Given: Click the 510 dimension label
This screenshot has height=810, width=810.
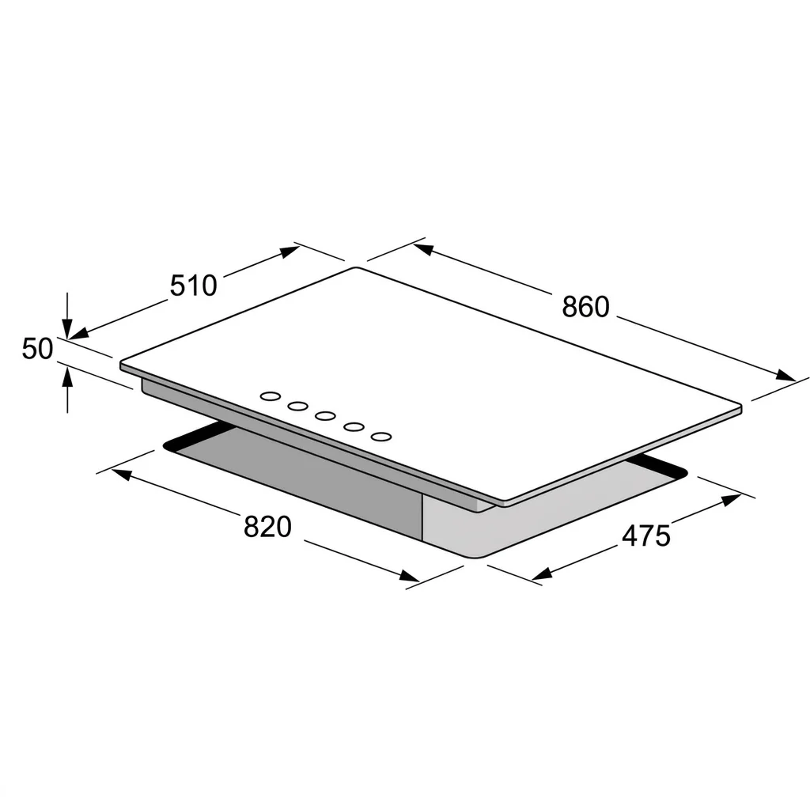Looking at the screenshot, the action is click(x=194, y=285).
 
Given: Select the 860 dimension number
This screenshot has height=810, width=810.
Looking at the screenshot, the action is click(x=586, y=306).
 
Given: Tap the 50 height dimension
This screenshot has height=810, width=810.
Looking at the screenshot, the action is click(x=37, y=348).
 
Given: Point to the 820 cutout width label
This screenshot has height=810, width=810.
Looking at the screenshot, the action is click(x=267, y=527).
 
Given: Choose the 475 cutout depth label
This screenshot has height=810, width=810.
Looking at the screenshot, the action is click(x=645, y=536).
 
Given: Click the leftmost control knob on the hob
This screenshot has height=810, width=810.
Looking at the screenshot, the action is click(x=271, y=396).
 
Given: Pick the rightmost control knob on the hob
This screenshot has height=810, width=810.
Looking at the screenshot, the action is click(x=380, y=437).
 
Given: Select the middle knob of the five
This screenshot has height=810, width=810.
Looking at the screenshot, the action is click(x=325, y=416).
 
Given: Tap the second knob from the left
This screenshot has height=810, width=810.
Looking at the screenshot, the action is click(x=298, y=406).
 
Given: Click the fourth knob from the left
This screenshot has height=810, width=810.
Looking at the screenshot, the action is click(x=354, y=426).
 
